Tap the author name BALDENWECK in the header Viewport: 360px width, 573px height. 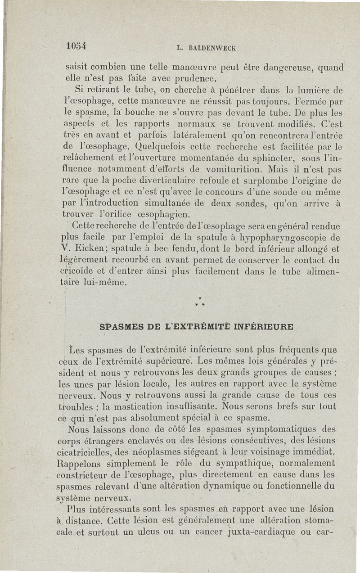tap(211, 47)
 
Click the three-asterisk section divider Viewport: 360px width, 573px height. tap(198, 302)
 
